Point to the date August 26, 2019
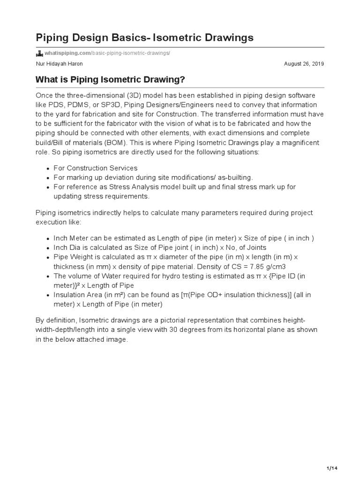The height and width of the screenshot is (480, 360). (x=304, y=64)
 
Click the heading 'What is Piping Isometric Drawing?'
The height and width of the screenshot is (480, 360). (x=110, y=80)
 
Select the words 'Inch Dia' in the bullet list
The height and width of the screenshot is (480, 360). (x=67, y=247)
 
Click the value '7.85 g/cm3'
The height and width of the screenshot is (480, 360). (x=269, y=267)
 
